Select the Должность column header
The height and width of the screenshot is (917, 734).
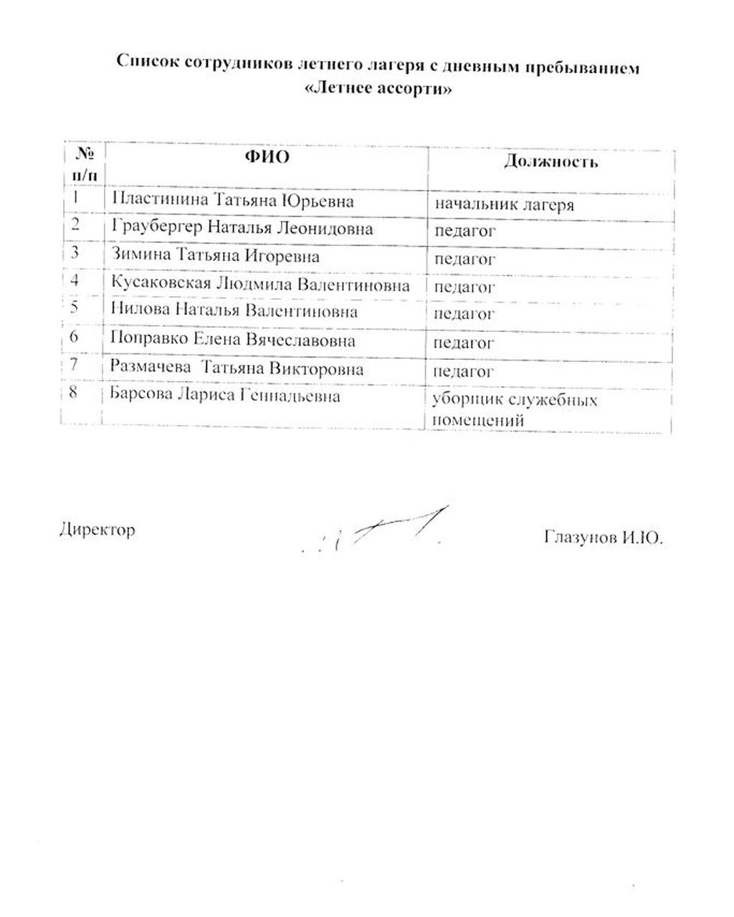tap(550, 161)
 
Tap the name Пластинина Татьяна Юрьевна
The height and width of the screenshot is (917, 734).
tap(233, 200)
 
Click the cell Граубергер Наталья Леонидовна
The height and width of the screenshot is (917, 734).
tap(242, 229)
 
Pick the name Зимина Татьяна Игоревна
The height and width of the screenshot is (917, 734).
tap(216, 255)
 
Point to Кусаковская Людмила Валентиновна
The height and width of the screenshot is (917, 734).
tap(261, 285)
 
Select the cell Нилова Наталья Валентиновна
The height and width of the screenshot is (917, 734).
tap(234, 312)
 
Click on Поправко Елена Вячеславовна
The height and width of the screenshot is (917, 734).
tap(233, 340)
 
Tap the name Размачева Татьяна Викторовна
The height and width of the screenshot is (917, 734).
tap(237, 369)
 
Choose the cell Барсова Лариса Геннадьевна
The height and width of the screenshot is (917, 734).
tap(225, 395)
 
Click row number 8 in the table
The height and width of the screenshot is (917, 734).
tap(75, 394)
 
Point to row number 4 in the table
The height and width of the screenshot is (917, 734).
tap(75, 280)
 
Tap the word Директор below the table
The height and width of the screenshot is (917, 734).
tap(97, 531)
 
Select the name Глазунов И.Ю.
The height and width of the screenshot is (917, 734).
tap(604, 536)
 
